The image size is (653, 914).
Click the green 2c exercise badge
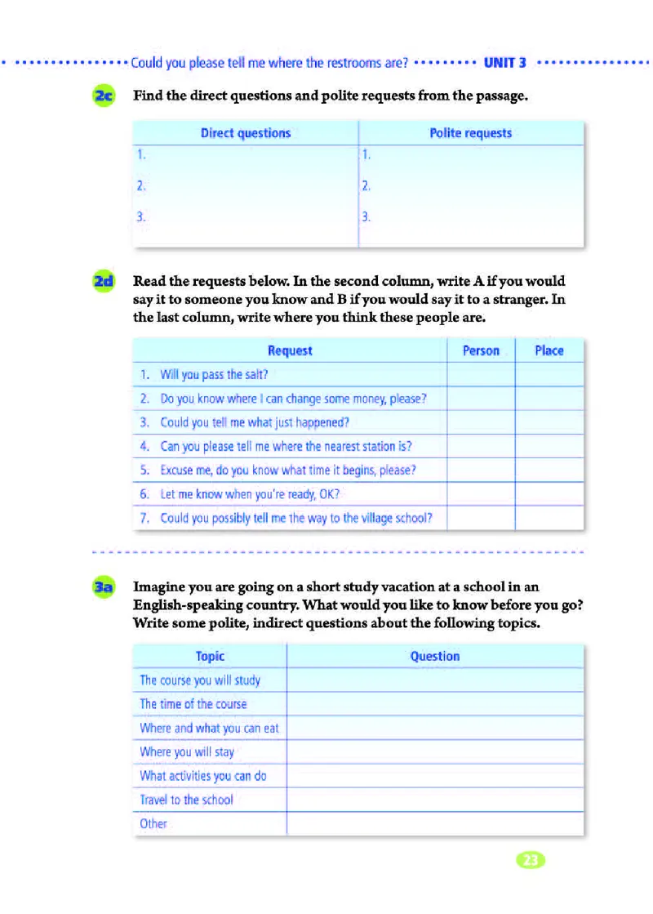tap(105, 96)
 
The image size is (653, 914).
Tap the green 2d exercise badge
tap(105, 282)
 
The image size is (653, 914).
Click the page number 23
tap(531, 859)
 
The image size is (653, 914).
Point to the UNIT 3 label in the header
tap(505, 62)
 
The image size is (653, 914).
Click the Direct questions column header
tap(246, 133)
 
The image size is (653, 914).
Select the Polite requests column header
tap(471, 133)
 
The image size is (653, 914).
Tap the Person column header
tap(481, 350)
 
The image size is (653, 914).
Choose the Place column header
tap(549, 350)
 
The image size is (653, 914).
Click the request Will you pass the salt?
tap(214, 375)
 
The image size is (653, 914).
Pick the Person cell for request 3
tap(481, 422)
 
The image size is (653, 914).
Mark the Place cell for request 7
tap(549, 518)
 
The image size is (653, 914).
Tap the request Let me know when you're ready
tap(249, 494)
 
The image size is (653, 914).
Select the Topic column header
tap(210, 656)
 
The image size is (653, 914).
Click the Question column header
tap(435, 656)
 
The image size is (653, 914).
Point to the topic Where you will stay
tap(187, 751)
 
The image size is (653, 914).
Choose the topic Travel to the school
tap(186, 800)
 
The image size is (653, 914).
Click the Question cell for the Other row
tap(435, 823)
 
